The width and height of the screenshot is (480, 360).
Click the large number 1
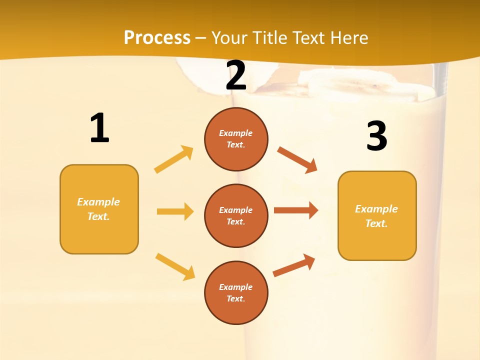(99, 128)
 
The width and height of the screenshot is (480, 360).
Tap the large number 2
(236, 75)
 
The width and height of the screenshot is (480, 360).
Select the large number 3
(376, 136)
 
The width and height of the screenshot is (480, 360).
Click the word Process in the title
(157, 37)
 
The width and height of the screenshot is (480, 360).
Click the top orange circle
(236, 138)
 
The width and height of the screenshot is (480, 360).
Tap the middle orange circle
(236, 215)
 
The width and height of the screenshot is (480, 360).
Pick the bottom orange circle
(236, 292)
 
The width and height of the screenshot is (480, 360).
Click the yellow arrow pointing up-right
(174, 159)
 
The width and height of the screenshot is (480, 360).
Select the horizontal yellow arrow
(175, 211)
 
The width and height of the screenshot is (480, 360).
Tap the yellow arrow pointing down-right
(175, 266)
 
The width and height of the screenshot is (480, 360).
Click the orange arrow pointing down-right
(297, 159)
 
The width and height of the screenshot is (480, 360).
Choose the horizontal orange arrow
(296, 210)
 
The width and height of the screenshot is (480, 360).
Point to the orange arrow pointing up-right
(294, 265)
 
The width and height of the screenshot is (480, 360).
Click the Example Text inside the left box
(99, 209)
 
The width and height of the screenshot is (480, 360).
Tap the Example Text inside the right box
(377, 216)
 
